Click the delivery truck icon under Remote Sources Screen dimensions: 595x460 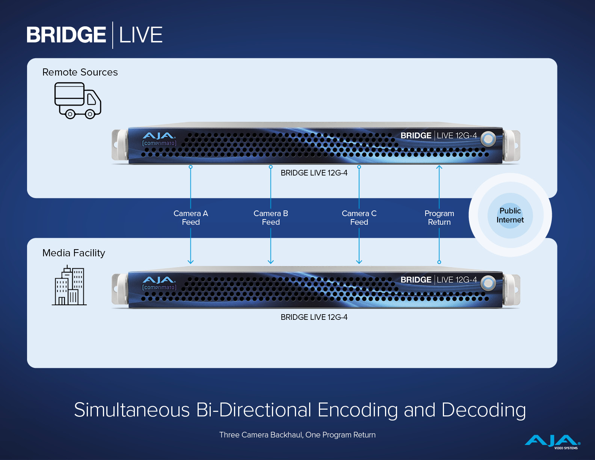click(x=78, y=100)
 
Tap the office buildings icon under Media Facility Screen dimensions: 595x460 click(x=69, y=285)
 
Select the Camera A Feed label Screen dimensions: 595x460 click(x=190, y=218)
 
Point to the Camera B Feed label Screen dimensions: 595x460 click(x=270, y=218)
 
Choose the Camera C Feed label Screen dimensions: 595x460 click(x=359, y=218)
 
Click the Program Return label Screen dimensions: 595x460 click(x=439, y=218)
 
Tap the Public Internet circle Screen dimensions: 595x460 click(x=510, y=215)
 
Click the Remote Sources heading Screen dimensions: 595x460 click(x=80, y=72)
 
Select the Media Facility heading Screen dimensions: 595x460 click(x=74, y=253)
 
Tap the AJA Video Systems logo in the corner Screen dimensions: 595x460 click(x=552, y=442)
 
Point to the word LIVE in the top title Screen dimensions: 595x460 click(x=141, y=35)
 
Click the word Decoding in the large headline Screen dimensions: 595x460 click(x=483, y=410)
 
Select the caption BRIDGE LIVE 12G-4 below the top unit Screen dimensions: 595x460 click(x=314, y=173)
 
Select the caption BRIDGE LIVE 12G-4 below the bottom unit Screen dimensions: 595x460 click(x=314, y=317)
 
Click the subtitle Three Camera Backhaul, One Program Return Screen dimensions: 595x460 click(x=297, y=435)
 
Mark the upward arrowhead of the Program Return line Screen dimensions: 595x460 click(x=439, y=167)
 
